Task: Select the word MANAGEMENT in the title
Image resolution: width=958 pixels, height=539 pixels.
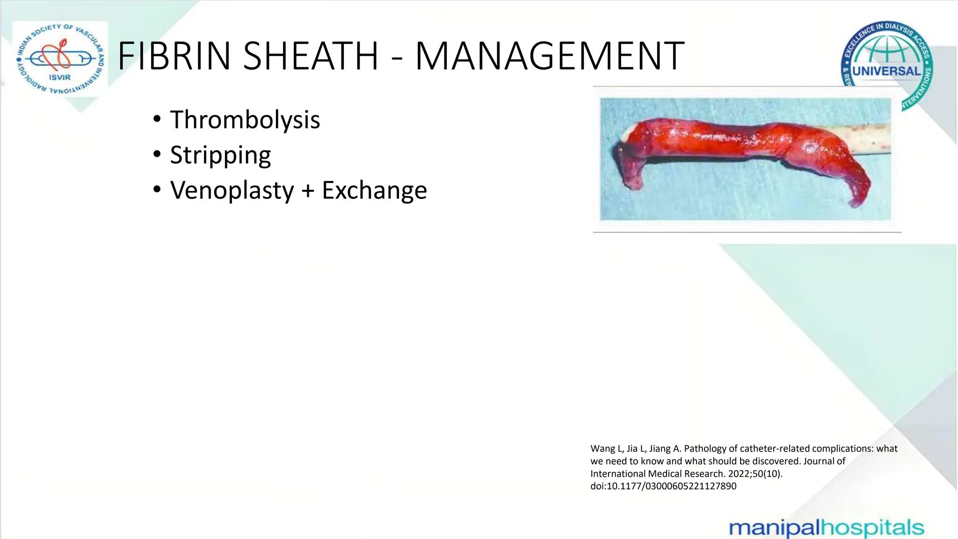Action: click(550, 56)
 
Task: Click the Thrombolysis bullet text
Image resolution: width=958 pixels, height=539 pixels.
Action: click(245, 120)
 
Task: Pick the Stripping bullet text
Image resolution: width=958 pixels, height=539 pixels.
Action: click(220, 155)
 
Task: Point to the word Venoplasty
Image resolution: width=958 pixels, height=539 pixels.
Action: click(232, 190)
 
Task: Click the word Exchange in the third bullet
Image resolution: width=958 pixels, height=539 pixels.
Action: click(374, 190)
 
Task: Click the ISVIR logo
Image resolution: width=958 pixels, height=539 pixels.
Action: click(60, 59)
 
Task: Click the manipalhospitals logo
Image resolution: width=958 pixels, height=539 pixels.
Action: click(826, 528)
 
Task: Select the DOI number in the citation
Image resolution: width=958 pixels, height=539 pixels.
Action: click(672, 486)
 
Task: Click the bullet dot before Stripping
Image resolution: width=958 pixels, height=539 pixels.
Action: click(157, 154)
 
